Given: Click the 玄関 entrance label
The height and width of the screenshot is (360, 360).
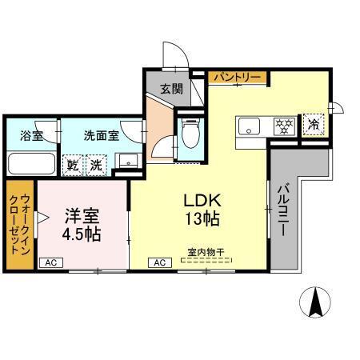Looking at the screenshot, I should pyautogui.click(x=170, y=89).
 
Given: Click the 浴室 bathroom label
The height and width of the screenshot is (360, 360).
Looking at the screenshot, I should pyautogui.click(x=32, y=135).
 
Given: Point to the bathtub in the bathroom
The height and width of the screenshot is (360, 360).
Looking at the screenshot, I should pyautogui.click(x=32, y=164).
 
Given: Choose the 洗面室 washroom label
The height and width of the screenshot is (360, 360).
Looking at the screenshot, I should pyautogui.click(x=102, y=135).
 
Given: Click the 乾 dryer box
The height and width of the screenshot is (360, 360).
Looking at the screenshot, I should pyautogui.click(x=73, y=166).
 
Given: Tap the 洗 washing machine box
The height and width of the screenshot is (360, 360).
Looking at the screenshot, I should pyautogui.click(x=95, y=166).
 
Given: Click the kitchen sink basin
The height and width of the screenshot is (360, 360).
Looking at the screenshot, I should pyautogui.click(x=248, y=126).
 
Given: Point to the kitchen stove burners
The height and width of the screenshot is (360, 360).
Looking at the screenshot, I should pyautogui.click(x=282, y=126).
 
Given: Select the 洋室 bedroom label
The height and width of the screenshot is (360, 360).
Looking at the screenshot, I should pyautogui.click(x=82, y=216).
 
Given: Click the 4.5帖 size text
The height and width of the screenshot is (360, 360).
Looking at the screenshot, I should pyautogui.click(x=82, y=235).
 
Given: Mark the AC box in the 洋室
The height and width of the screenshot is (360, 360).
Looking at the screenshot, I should pyautogui.click(x=50, y=262).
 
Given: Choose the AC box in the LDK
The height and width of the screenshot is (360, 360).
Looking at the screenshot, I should pyautogui.click(x=159, y=262).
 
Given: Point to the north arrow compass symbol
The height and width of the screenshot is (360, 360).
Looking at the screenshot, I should pyautogui.click(x=314, y=302).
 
